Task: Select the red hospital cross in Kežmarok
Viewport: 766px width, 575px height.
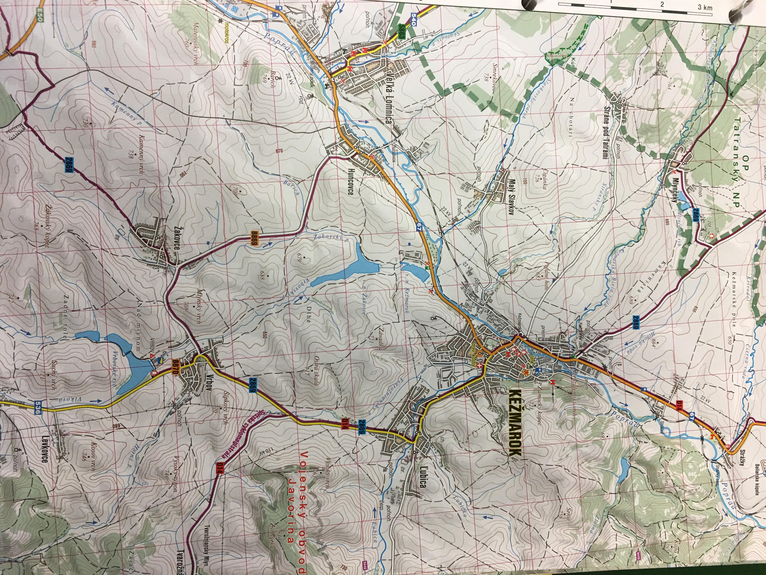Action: pos(480,366)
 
